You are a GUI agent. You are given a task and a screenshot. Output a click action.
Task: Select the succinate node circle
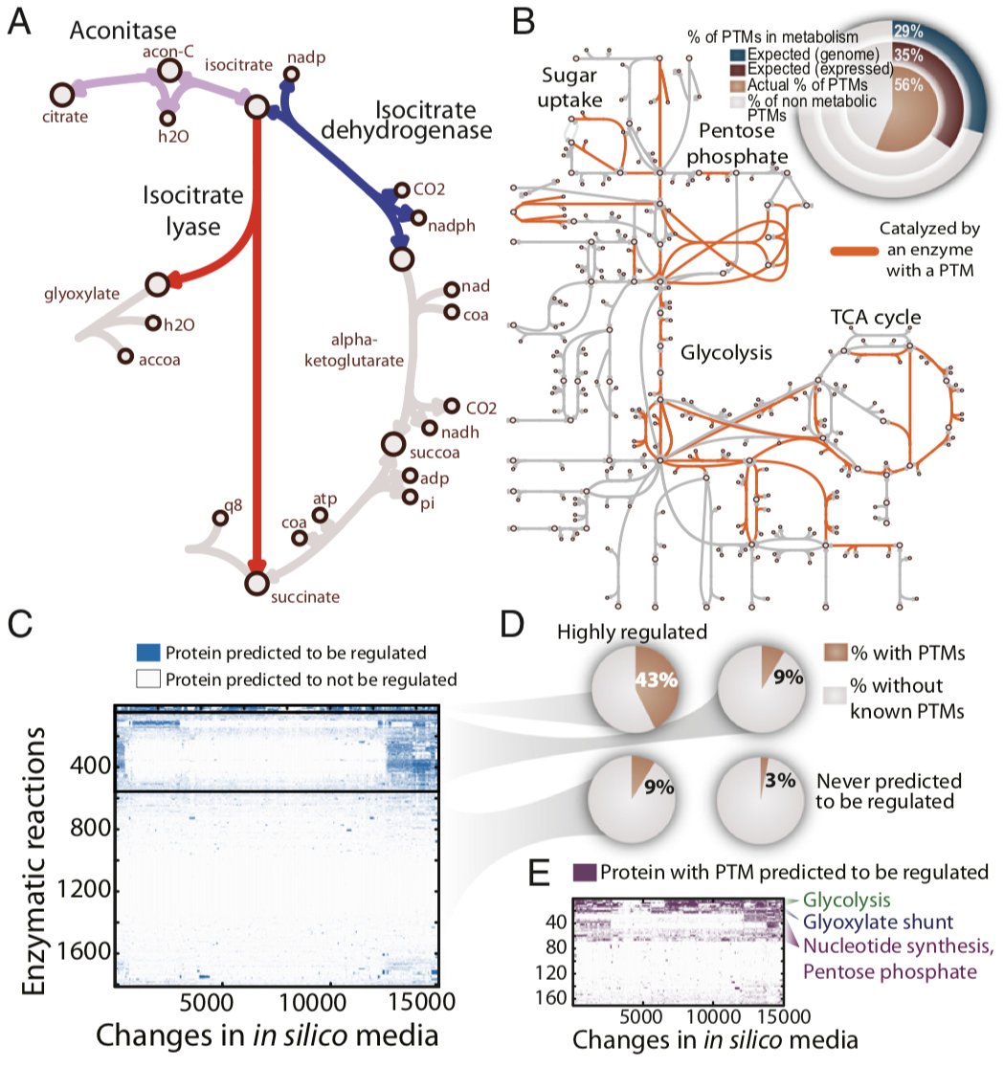[x=256, y=581]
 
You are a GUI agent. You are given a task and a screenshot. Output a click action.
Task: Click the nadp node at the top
[x=292, y=74]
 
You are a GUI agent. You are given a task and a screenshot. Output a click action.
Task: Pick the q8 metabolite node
[x=221, y=518]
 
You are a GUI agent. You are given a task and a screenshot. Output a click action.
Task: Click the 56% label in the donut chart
[x=910, y=84]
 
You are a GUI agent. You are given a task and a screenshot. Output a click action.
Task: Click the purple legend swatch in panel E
[x=585, y=873]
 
